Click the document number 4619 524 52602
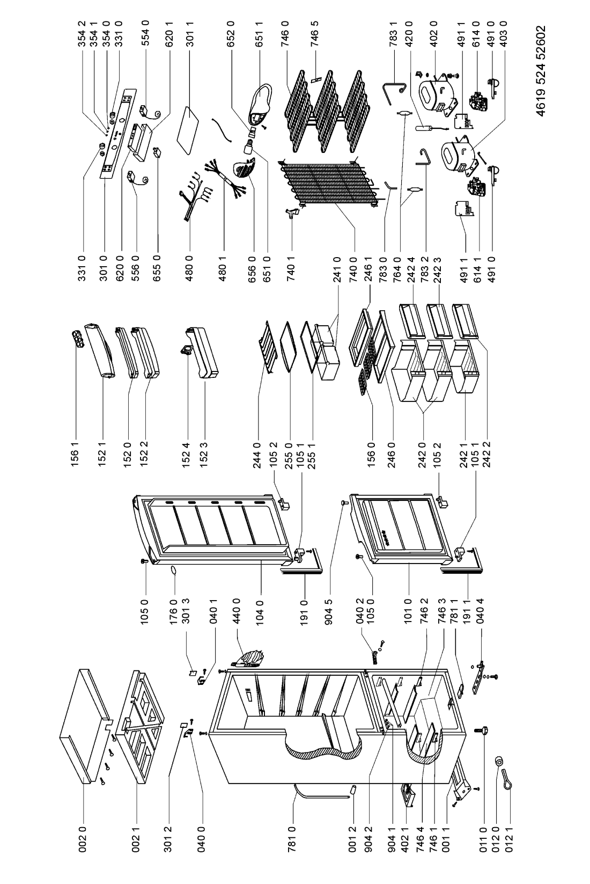coord(541,71)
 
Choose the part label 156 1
coord(75,454)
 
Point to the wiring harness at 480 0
coord(194,196)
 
